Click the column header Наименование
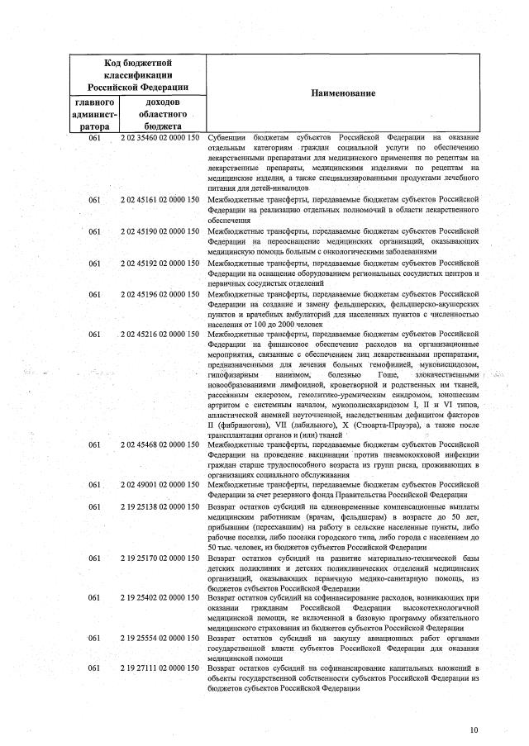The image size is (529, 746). (x=343, y=93)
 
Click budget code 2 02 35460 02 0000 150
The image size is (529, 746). (x=160, y=136)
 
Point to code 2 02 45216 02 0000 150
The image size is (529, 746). (x=160, y=335)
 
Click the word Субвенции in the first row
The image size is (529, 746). (x=228, y=136)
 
